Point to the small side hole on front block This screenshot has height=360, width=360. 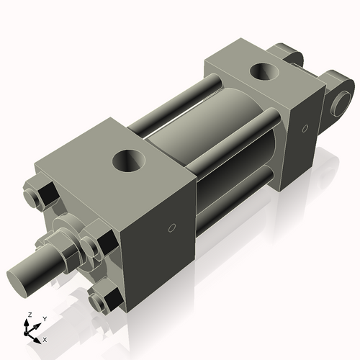pyautogui.click(x=171, y=229)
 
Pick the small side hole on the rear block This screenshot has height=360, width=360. pyautogui.click(x=305, y=128)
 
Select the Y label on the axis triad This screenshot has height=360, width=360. pyautogui.click(x=44, y=318)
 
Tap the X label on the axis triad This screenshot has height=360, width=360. pyautogui.click(x=45, y=338)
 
